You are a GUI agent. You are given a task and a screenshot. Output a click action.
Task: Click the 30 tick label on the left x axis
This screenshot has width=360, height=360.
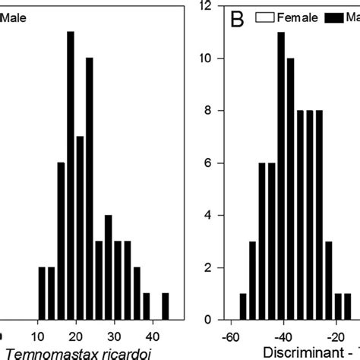114,335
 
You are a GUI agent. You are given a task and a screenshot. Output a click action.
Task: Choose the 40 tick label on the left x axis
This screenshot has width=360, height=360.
152,335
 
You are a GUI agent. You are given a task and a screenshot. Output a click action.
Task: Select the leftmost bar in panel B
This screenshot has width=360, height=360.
243,307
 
